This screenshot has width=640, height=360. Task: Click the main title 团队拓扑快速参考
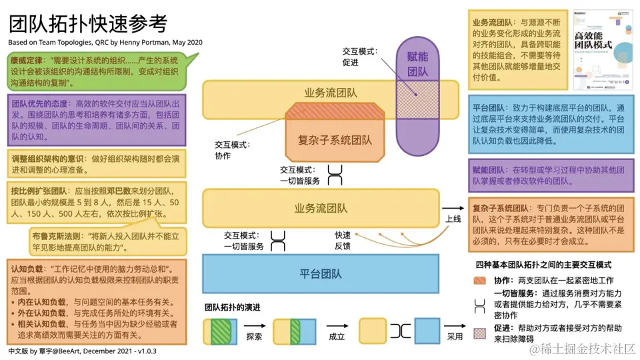[x=88, y=25]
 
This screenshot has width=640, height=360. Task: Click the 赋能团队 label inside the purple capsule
[x=417, y=64]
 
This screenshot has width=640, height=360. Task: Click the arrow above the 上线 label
[x=453, y=208]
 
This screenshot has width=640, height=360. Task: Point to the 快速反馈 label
[x=343, y=241]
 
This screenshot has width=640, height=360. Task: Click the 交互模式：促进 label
[x=359, y=57]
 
